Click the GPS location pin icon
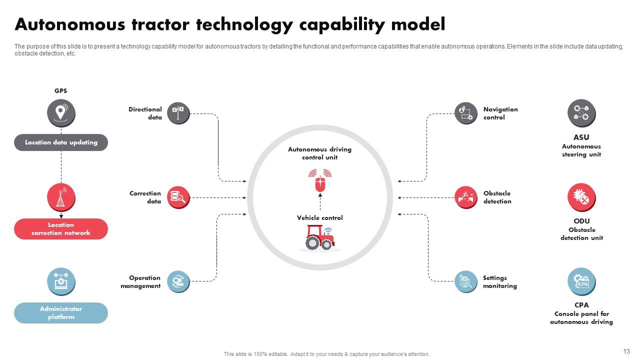[x=61, y=113]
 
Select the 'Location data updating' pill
[x=61, y=142]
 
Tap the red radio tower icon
[x=61, y=197]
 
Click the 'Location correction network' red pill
[x=61, y=229]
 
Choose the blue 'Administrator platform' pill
[x=61, y=313]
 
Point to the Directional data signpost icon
[x=178, y=113]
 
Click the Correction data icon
[x=178, y=197]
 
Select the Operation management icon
[x=178, y=281]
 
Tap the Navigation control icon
[x=466, y=113]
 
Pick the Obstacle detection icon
[x=466, y=197]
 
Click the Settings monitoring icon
[x=466, y=281]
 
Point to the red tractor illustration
[x=319, y=237]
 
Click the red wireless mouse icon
[x=320, y=180]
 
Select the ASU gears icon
[x=581, y=113]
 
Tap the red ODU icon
[x=581, y=197]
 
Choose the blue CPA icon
[x=581, y=281]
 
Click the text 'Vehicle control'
[x=320, y=218]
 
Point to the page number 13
[x=626, y=351]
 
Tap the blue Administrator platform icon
[x=61, y=281]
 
